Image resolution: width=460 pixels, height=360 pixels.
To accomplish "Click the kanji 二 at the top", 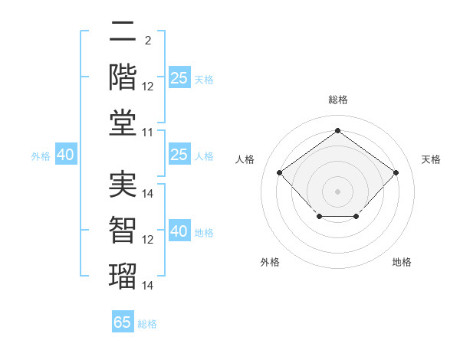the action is pyautogui.click(x=123, y=31).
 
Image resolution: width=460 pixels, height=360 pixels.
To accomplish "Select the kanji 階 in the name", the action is pyautogui.click(x=123, y=77).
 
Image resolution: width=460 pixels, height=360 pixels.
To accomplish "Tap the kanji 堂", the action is pyautogui.click(x=123, y=123).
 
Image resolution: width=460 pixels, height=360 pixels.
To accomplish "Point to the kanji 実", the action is pyautogui.click(x=123, y=185).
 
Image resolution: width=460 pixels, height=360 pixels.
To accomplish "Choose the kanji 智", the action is pyautogui.click(x=123, y=231).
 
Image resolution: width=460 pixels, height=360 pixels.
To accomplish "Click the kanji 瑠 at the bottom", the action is pyautogui.click(x=123, y=277).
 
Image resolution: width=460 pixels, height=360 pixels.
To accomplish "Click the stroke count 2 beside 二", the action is pyautogui.click(x=148, y=41).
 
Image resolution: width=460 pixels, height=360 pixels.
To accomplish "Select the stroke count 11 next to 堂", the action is pyautogui.click(x=147, y=133).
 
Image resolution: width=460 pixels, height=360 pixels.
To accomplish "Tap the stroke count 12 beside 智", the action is pyautogui.click(x=147, y=240).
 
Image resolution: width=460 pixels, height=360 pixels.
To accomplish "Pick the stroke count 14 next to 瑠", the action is pyautogui.click(x=147, y=286).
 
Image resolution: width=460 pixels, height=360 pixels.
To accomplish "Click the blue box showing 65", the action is pyautogui.click(x=123, y=321).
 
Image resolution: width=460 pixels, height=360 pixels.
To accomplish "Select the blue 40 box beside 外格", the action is pyautogui.click(x=66, y=154).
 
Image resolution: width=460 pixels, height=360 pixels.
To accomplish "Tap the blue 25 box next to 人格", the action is pyautogui.click(x=180, y=154).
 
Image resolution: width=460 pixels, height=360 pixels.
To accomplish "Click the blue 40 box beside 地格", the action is pyautogui.click(x=180, y=230).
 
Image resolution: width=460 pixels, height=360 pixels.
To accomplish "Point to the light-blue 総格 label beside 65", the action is pyautogui.click(x=147, y=324).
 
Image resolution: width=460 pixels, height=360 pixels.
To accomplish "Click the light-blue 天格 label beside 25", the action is pyautogui.click(x=204, y=80).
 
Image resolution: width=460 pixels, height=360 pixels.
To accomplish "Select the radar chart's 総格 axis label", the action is pyautogui.click(x=338, y=100).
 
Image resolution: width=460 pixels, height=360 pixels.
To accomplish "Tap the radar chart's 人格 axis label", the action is pyautogui.click(x=245, y=159).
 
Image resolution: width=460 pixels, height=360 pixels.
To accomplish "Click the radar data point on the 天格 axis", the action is pyautogui.click(x=396, y=172).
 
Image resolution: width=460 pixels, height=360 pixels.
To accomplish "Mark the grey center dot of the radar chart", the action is pyautogui.click(x=337, y=191).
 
